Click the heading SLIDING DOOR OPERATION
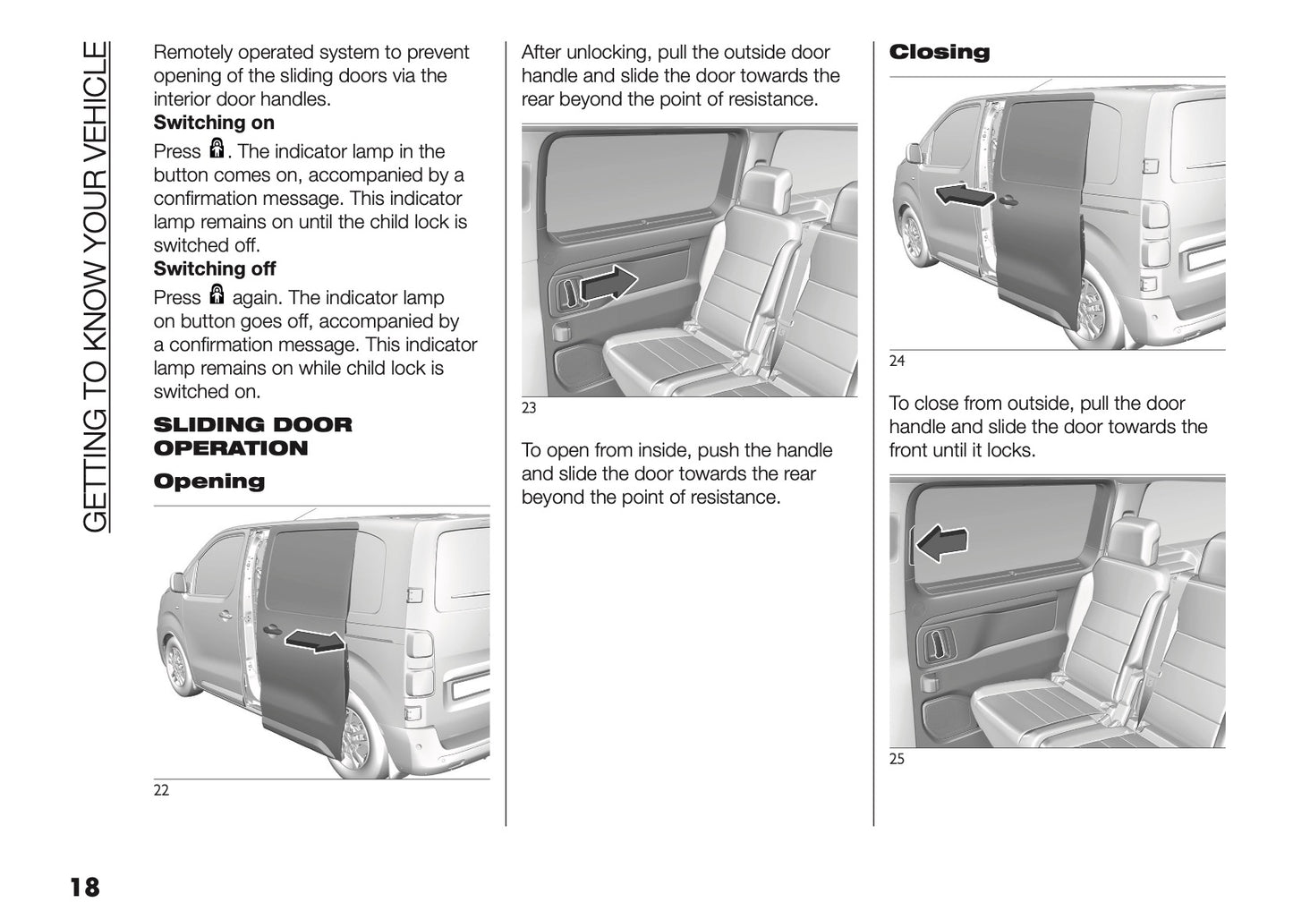(x=252, y=436)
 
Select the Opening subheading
(x=209, y=481)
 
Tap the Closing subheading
(x=939, y=52)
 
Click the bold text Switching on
(x=214, y=123)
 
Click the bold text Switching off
(x=215, y=268)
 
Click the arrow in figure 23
(x=608, y=285)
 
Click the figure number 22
(x=161, y=790)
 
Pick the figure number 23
(x=529, y=408)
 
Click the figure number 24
(x=897, y=362)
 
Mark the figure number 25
(x=897, y=759)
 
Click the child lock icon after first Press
(x=216, y=148)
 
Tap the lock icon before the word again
(x=216, y=294)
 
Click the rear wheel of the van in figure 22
(x=355, y=736)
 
